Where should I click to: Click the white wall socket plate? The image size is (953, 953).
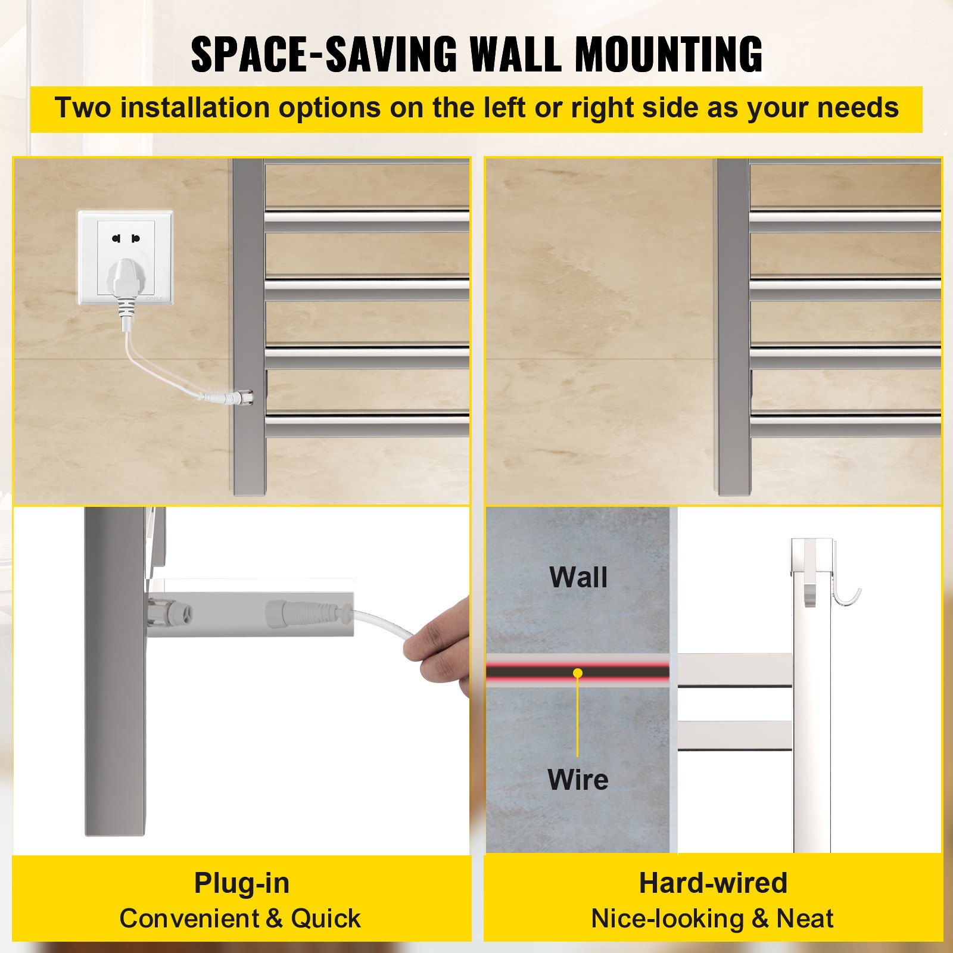[x=125, y=257]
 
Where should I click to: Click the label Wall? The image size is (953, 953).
[x=578, y=577]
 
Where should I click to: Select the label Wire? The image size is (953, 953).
[x=578, y=780]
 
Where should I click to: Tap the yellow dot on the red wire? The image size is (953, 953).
[x=577, y=673]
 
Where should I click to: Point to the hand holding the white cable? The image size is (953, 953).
[x=438, y=646]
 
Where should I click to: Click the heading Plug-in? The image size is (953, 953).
[x=242, y=883]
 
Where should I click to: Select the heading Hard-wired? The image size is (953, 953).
[x=713, y=883]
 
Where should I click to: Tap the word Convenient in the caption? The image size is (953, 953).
[x=189, y=918]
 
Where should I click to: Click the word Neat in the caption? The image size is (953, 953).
[x=805, y=918]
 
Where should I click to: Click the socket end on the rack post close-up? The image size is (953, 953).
[x=170, y=613]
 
